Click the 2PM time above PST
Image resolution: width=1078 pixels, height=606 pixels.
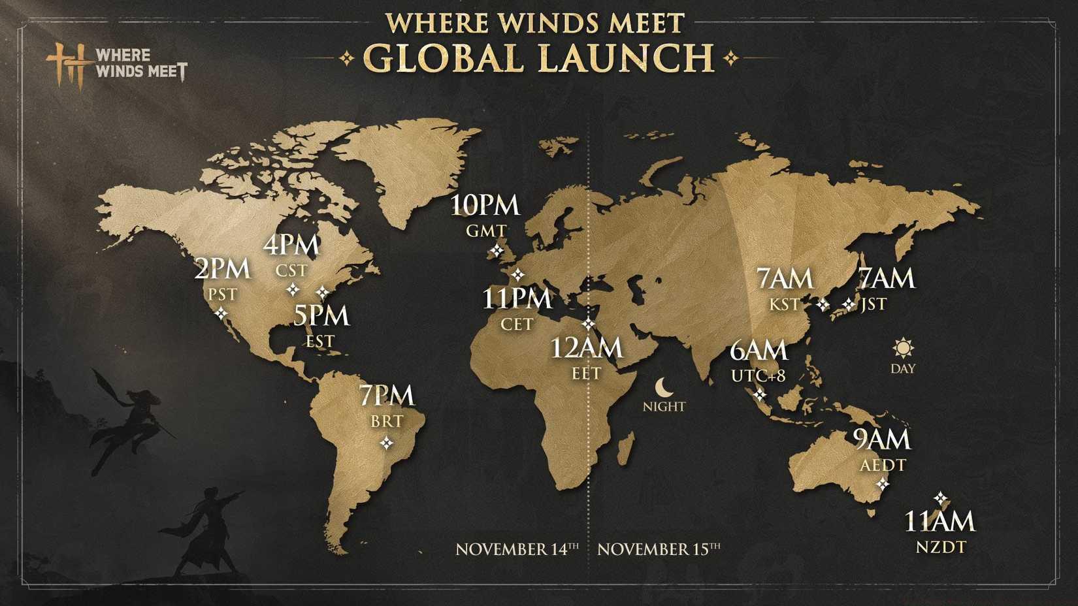coord(222,268)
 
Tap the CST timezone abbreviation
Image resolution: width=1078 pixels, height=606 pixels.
coord(291,270)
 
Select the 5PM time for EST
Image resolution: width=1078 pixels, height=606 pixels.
coord(321,315)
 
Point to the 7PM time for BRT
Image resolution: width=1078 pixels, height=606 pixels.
coord(386,396)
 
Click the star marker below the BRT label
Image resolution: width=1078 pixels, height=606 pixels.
coord(387,443)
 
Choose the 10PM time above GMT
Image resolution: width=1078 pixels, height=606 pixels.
coord(485,206)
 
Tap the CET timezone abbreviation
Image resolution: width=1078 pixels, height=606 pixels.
coord(517,325)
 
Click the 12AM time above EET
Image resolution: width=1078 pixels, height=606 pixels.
coord(586,348)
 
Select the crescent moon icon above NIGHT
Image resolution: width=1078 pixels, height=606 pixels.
coord(664,387)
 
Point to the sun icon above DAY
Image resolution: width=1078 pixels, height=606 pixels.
coord(903,348)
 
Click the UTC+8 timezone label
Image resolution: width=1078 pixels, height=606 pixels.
coord(758,375)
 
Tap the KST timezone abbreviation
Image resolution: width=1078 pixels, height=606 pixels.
coord(784,304)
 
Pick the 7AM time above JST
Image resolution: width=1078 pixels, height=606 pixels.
coord(886,279)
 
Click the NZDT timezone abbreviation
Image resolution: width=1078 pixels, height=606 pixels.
coord(940,547)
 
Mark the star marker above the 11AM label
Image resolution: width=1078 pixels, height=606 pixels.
coord(940,499)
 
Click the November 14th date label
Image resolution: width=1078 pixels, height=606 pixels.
coord(517,549)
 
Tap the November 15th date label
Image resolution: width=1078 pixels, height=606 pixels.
coord(659,549)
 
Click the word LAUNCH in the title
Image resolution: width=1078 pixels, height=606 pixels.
coord(627,57)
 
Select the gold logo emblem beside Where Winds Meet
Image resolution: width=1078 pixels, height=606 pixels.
coord(67,64)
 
